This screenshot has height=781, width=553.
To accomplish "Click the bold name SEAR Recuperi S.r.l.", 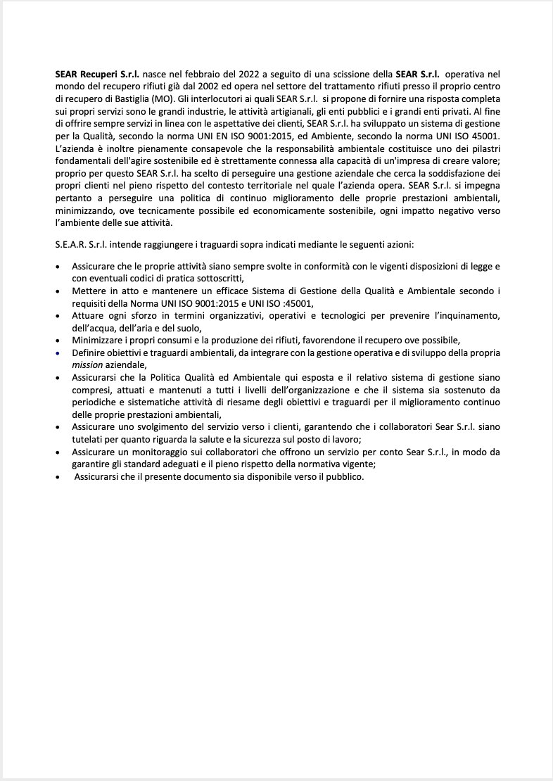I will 97,73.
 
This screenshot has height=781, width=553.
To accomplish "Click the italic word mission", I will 88,364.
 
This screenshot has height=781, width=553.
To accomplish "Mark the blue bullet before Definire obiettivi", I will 57,353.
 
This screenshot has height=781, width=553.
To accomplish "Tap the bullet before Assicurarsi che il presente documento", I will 57,477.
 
